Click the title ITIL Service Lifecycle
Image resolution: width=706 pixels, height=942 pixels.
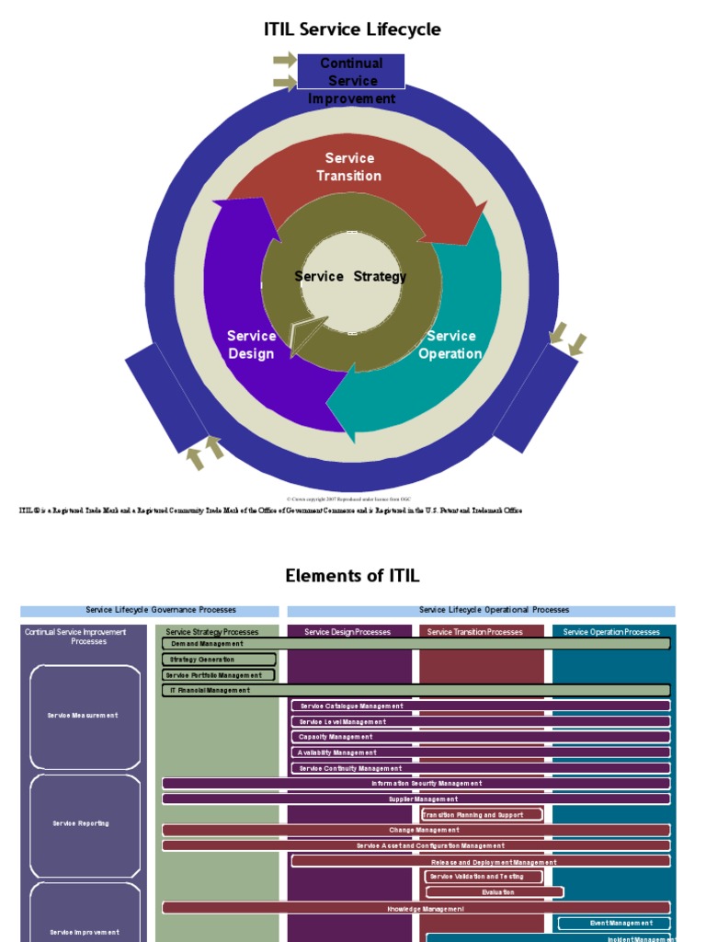352,29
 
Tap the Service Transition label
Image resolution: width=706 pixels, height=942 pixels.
349,167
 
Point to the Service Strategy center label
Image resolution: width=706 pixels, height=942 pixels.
350,276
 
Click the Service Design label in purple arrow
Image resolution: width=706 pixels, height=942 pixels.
251,345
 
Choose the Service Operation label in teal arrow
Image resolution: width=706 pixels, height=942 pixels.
450,345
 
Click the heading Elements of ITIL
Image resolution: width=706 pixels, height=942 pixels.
352,576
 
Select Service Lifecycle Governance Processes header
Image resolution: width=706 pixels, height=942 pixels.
150,610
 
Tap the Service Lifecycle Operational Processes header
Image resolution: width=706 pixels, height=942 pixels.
481,610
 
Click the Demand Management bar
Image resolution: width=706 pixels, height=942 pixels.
416,644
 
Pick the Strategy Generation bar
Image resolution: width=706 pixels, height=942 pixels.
219,660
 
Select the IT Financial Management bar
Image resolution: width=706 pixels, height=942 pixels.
416,690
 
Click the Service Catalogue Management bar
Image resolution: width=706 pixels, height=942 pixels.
480,706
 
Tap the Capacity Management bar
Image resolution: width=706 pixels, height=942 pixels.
480,737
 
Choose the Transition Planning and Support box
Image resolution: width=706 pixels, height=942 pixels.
481,815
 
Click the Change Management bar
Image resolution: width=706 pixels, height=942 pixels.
416,830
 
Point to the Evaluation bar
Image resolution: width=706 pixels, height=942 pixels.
495,892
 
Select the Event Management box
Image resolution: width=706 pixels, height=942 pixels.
614,923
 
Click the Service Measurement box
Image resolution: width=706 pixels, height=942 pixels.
85,716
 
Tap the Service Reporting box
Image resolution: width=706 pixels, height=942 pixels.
85,824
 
